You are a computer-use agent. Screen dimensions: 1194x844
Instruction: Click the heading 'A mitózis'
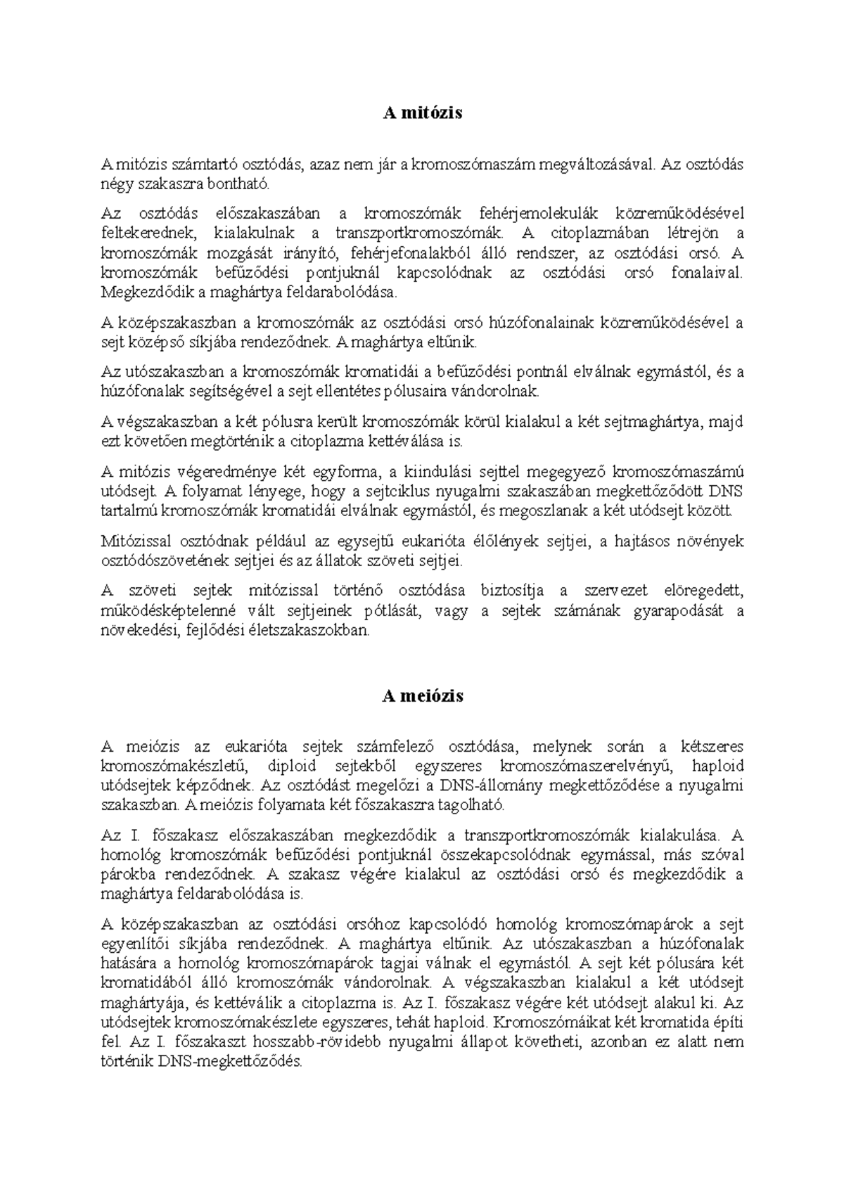pos(422,113)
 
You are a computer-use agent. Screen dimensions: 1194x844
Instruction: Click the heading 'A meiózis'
pos(422,696)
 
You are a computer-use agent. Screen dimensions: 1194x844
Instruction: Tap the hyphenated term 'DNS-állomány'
pos(491,785)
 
